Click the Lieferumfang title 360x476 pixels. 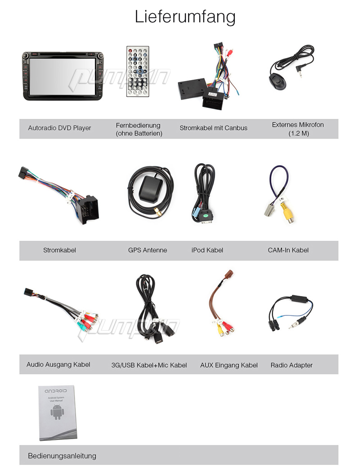point(185,17)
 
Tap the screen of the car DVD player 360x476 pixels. point(62,76)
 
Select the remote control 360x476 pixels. point(138,72)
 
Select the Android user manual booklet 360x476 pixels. point(57,413)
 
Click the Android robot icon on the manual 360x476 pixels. point(57,412)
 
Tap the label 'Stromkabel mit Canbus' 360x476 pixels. point(213,128)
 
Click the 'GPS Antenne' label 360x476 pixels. point(148,250)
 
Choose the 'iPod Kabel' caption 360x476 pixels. point(207,250)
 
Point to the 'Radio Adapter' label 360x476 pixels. point(292,365)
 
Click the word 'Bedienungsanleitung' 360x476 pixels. point(62,456)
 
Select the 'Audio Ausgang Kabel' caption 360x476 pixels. point(58,364)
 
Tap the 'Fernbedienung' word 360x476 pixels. point(138,126)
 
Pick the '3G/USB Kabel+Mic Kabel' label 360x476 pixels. point(149,365)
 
